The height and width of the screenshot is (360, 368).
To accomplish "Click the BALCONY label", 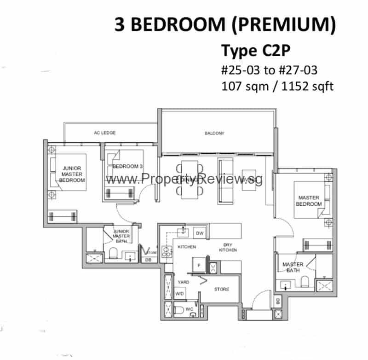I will click(214, 134).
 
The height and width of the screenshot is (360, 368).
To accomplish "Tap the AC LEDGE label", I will click(104, 133).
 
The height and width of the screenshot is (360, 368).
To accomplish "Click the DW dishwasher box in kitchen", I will click(199, 233).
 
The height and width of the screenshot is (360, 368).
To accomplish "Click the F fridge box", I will click(199, 266).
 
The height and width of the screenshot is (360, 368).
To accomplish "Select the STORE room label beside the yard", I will click(221, 289).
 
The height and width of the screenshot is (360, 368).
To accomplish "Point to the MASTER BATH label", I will click(293, 267).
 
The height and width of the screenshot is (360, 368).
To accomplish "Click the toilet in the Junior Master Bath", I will click(114, 254).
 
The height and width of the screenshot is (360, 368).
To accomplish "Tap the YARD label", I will click(183, 282).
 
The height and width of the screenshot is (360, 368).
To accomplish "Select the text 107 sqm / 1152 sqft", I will click(277, 86).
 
